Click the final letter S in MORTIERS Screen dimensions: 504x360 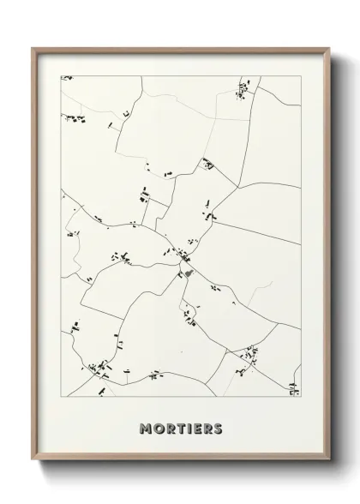tap(219, 428)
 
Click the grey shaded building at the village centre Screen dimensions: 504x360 tap(186, 273)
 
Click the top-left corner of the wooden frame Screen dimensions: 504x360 tap(33, 48)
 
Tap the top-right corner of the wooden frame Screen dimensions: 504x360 tap(327, 48)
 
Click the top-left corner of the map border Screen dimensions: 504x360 tap(61, 75)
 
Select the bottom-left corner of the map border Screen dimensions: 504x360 tap(61, 398)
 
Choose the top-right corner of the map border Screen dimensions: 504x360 tap(301, 75)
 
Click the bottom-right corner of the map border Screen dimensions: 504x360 tap(301, 398)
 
